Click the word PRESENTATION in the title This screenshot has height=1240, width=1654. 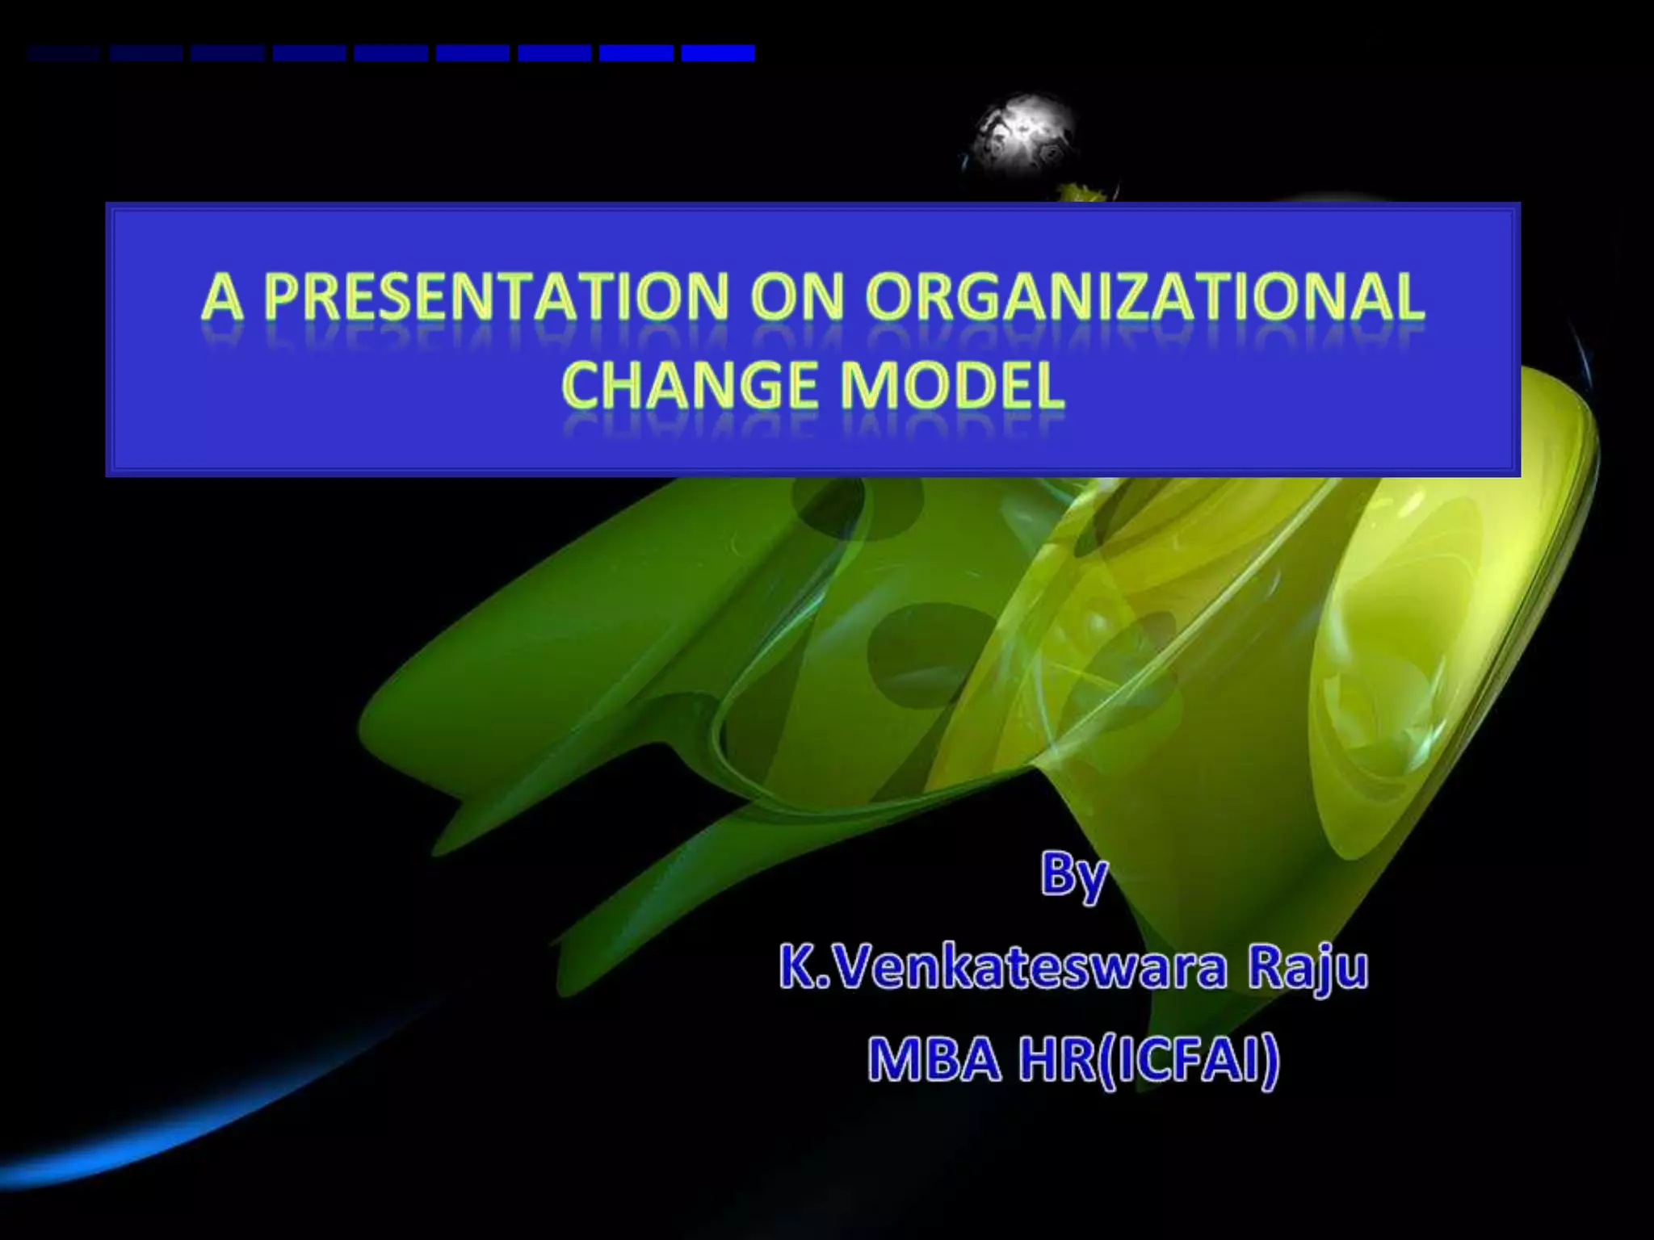click(x=496, y=297)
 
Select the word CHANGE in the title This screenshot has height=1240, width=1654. click(x=690, y=385)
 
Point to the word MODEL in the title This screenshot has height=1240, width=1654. click(x=951, y=385)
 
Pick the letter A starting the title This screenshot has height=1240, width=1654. click(x=221, y=297)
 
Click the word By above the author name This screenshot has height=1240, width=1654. click(x=1073, y=877)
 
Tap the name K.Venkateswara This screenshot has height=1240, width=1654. click(x=1002, y=969)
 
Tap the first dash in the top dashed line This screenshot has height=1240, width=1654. click(x=63, y=53)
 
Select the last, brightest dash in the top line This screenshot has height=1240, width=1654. click(x=717, y=53)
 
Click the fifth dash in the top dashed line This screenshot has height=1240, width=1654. click(x=391, y=53)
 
